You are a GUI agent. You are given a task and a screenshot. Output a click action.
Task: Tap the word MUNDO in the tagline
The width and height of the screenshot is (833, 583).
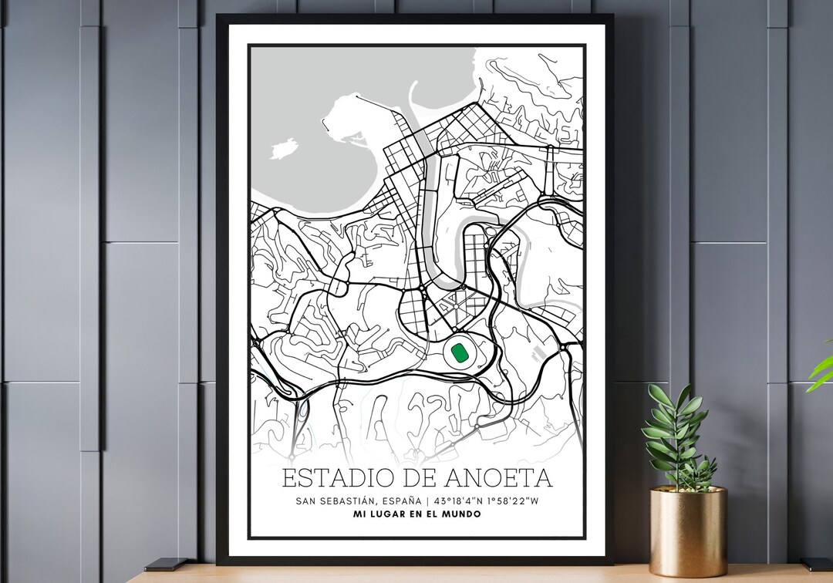459,514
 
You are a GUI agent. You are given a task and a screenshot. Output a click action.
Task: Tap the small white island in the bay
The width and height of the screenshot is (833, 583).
283,148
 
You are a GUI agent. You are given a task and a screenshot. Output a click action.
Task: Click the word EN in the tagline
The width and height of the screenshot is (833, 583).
410,514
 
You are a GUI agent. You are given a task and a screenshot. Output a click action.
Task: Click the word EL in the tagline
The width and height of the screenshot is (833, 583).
428,514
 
